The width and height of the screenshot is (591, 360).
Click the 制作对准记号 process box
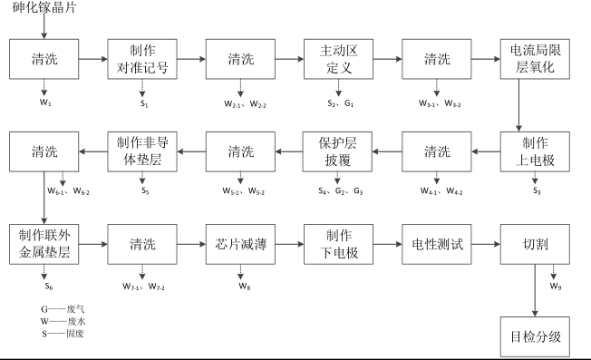point(142,59)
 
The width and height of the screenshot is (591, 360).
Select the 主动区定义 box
point(339,59)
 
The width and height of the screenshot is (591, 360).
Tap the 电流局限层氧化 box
point(535,59)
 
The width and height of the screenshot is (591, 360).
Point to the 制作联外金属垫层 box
point(44,243)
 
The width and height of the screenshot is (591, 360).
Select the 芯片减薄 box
point(240,243)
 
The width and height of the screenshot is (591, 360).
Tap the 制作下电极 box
point(339,243)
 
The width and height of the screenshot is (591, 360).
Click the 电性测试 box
point(437,243)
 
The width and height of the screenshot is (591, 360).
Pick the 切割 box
point(535,243)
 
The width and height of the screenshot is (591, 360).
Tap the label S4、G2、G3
point(339,192)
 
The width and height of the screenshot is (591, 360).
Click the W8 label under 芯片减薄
point(240,286)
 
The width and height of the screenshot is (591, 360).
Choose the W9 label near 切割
point(556,287)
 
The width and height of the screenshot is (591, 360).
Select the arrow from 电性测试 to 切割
point(486,243)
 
